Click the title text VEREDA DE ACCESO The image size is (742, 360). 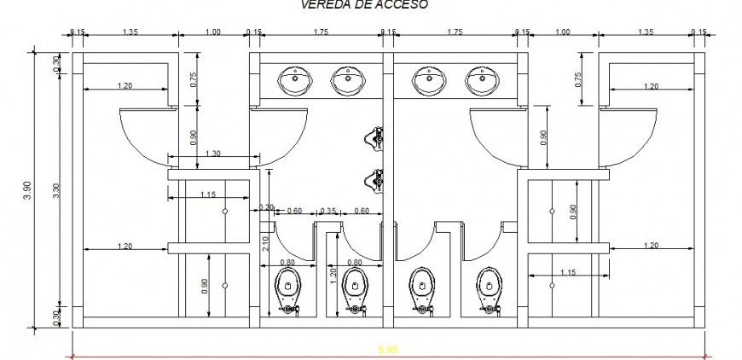364,4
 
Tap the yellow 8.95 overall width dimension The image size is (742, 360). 388,349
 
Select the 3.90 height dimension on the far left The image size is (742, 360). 28,187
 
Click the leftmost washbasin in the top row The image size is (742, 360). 294,82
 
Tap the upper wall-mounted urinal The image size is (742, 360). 373,136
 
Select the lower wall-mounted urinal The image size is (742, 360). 373,179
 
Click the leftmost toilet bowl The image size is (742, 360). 290,288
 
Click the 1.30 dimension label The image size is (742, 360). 212,153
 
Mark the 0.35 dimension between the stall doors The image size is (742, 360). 328,210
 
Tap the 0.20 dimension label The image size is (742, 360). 267,208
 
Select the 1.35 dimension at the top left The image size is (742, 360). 130,32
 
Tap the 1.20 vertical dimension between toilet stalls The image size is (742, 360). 334,275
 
